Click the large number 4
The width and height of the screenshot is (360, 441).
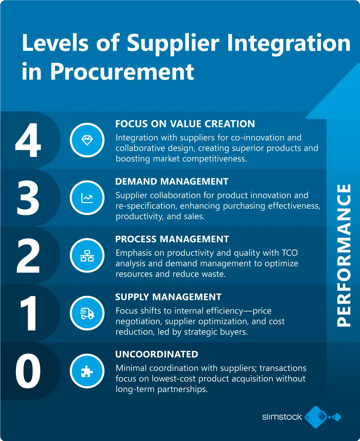click(x=28, y=140)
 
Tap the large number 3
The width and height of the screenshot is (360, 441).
click(x=28, y=198)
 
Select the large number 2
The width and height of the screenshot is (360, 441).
click(x=28, y=256)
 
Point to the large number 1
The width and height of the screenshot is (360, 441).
click(x=28, y=313)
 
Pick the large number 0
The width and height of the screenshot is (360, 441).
click(x=28, y=371)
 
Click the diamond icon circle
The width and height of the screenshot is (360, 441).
click(x=87, y=140)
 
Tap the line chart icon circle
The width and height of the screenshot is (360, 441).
click(x=87, y=198)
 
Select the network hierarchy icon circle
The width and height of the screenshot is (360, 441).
click(x=87, y=256)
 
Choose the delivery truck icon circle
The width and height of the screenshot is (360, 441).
click(x=87, y=313)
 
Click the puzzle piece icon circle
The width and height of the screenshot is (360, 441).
click(x=87, y=371)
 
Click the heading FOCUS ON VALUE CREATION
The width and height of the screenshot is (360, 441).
click(x=185, y=124)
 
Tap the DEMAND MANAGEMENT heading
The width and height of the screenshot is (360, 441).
click(x=172, y=181)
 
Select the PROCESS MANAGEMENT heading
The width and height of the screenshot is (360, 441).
click(x=172, y=239)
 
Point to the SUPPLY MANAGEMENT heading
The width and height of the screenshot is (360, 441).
click(x=168, y=297)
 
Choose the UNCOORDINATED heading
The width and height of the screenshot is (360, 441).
click(x=157, y=354)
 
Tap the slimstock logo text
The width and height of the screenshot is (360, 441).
click(x=282, y=417)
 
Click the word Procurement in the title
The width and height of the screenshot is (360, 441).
click(x=122, y=72)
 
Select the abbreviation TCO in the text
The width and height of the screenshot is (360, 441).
click(x=290, y=253)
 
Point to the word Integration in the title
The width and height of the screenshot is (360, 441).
click(x=288, y=43)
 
